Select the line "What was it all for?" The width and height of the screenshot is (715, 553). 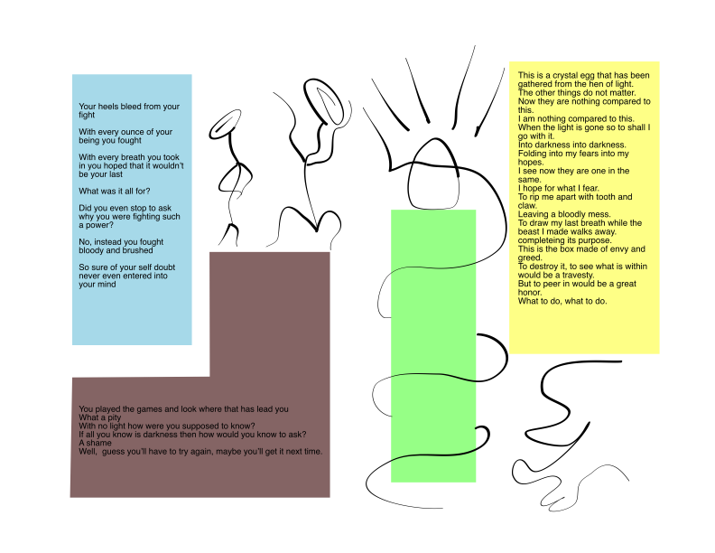[x=115, y=191]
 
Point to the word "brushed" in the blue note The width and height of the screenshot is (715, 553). [x=136, y=250]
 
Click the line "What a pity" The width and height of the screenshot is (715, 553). [x=100, y=417]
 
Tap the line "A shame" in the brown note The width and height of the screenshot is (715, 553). [x=95, y=443]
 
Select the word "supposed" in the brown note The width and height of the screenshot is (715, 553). [x=199, y=426]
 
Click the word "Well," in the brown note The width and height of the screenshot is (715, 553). [x=88, y=452]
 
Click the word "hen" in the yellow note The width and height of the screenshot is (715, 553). [x=599, y=84]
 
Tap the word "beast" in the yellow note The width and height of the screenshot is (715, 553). [x=529, y=232]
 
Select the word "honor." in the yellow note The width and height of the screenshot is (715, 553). [x=530, y=293]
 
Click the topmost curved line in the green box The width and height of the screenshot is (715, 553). [x=433, y=267]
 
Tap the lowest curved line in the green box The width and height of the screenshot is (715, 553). [x=433, y=455]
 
